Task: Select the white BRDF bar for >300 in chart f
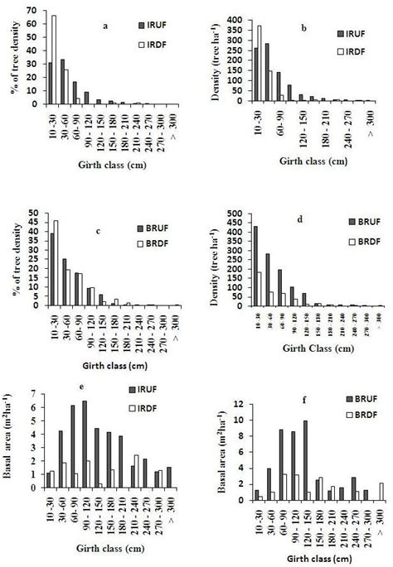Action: click(381, 492)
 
